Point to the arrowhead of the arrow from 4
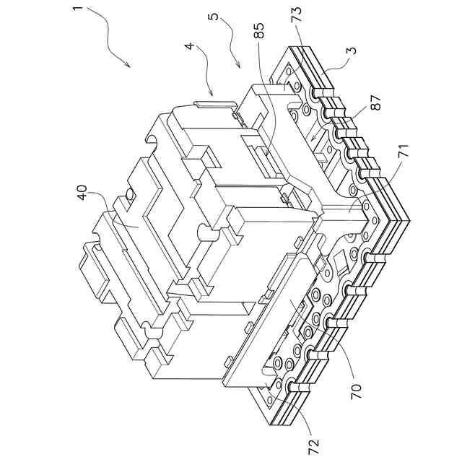210,95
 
